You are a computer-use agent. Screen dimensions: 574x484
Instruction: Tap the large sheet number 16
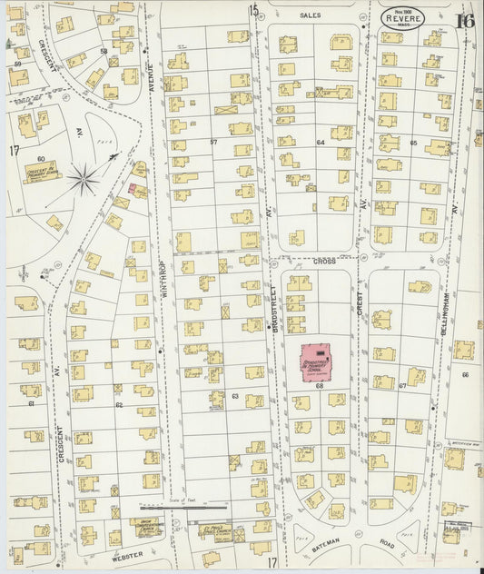click(465, 20)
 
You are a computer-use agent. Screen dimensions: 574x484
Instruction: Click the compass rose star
click(84, 178)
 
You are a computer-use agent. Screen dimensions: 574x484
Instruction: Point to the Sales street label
click(311, 15)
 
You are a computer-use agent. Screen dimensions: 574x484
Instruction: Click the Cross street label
click(324, 261)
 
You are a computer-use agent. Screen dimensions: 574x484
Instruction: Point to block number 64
click(320, 143)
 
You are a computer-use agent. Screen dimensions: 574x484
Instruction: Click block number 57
click(213, 143)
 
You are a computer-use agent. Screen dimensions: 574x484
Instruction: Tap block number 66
click(464, 373)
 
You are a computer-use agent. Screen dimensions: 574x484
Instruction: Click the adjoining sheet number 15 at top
click(253, 10)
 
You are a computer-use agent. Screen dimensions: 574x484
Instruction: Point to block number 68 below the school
click(320, 386)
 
